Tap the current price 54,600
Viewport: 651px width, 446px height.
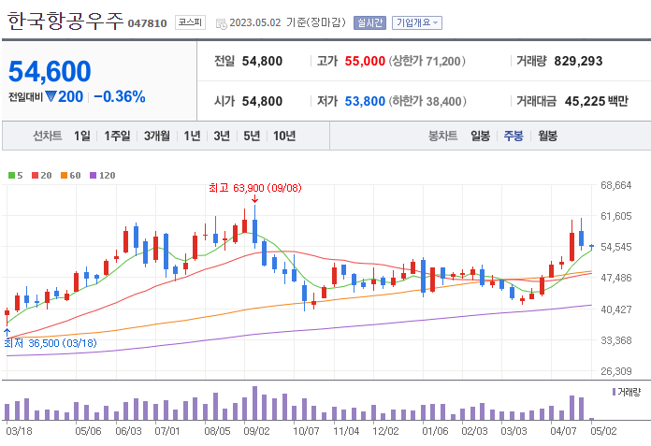[x=51, y=71]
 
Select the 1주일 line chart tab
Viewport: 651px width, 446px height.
[x=118, y=136]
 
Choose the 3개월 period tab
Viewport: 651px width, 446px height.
[x=157, y=136]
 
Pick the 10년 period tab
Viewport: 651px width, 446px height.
[x=284, y=136]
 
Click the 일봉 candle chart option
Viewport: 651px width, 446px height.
[x=480, y=136]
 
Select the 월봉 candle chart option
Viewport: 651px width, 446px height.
[x=547, y=136]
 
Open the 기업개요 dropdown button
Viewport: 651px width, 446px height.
[x=418, y=22]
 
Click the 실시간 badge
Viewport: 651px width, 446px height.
[x=369, y=22]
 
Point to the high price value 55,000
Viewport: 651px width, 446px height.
[x=365, y=61]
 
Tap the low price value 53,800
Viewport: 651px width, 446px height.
[x=365, y=101]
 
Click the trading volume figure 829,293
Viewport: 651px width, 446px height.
[x=578, y=61]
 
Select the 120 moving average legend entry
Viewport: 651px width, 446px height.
[x=103, y=175]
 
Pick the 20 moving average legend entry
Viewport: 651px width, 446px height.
[x=43, y=175]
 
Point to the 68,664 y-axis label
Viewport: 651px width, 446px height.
[x=616, y=185]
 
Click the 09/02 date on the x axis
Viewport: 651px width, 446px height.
[x=256, y=431]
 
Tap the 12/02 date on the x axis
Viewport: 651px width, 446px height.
[x=385, y=431]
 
